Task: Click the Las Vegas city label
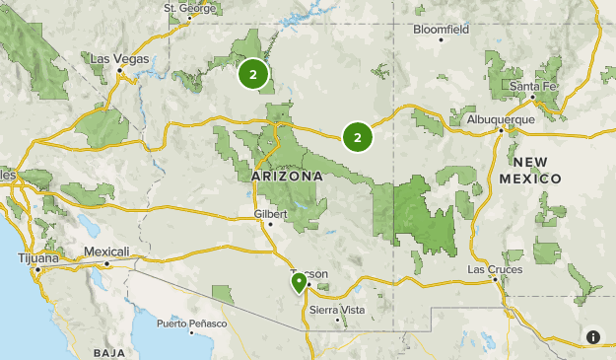[119, 59]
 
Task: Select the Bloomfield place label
[441, 30]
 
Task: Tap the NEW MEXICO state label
[530, 170]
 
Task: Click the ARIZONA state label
[288, 176]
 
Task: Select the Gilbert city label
[269, 213]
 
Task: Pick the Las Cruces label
[490, 268]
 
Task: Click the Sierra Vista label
[337, 309]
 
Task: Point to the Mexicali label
[106, 252]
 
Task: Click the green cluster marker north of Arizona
[253, 74]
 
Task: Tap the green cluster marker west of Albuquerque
[357, 137]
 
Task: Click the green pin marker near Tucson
[299, 283]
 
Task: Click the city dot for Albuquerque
[500, 130]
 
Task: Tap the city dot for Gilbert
[269, 224]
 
